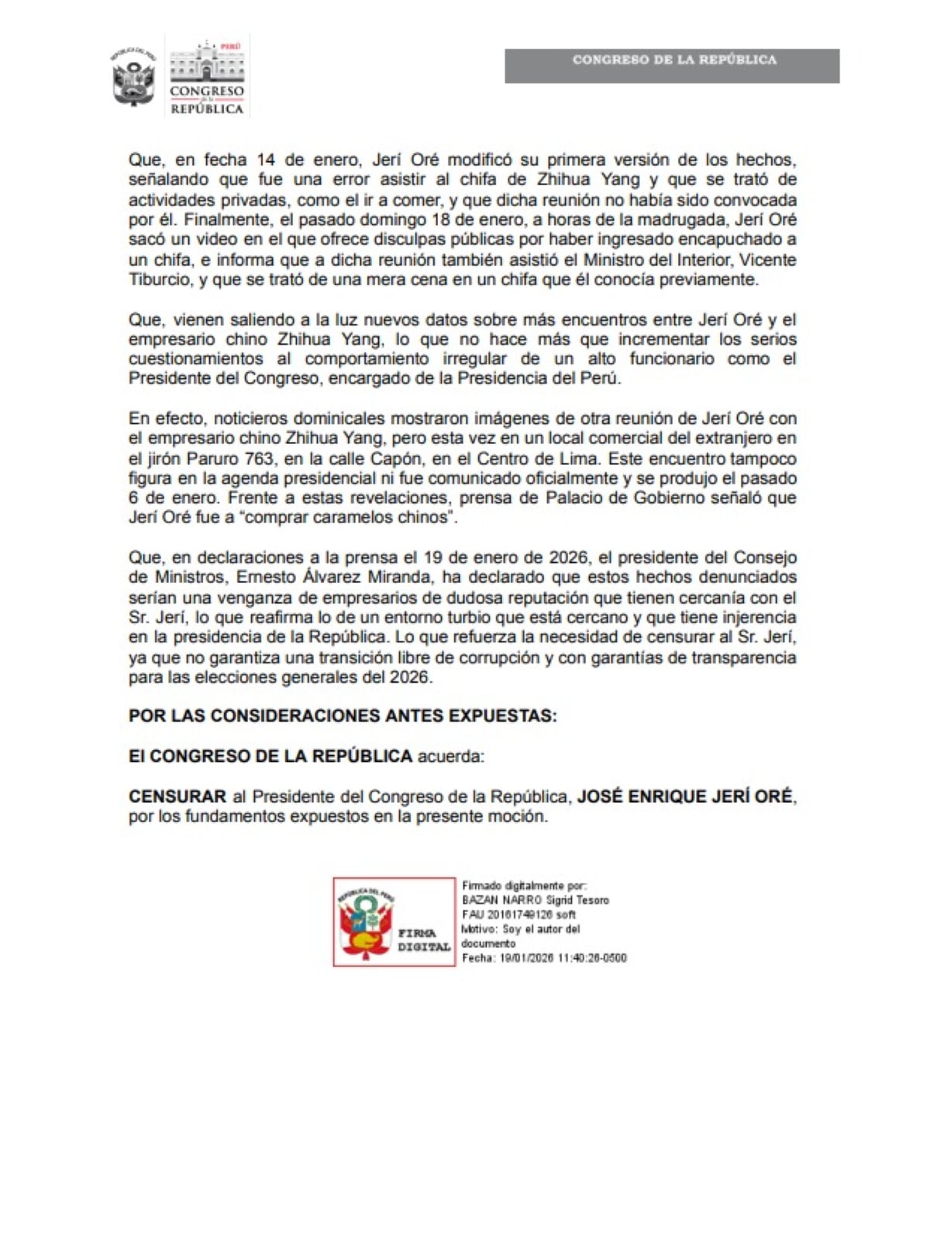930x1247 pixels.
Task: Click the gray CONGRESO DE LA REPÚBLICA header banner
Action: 672,66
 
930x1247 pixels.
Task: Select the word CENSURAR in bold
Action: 177,796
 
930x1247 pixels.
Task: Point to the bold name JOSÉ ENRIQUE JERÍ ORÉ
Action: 685,796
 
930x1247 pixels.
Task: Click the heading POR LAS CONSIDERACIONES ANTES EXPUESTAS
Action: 343,715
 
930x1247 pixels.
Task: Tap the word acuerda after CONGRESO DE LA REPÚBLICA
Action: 450,756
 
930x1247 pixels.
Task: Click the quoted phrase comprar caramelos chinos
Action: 349,517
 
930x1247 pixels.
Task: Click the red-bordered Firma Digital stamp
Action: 394,921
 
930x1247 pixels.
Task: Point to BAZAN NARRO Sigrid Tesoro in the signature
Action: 536,900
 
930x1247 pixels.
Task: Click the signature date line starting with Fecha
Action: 544,958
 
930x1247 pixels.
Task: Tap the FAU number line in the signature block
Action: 518,915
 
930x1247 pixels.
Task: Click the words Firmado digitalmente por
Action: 524,885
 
